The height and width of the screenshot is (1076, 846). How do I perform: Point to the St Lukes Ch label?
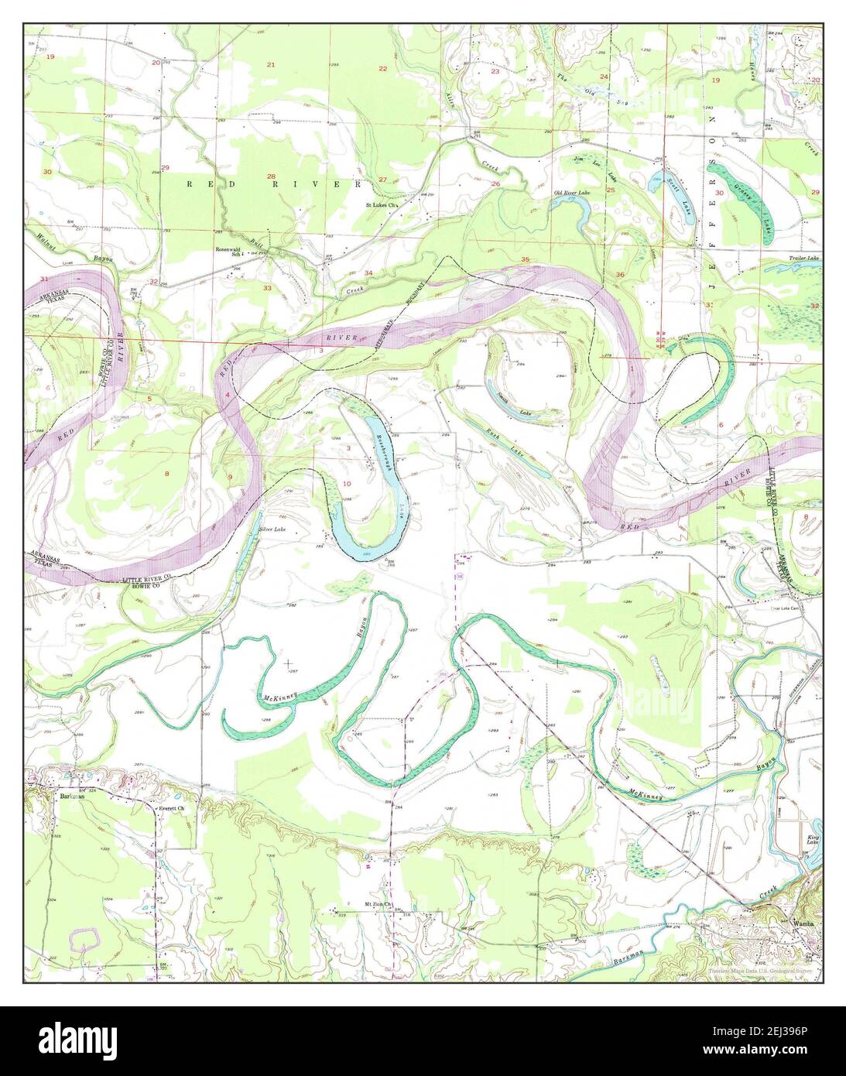click(381, 206)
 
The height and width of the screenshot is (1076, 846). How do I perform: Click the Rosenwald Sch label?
click(230, 252)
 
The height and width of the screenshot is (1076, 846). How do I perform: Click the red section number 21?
click(270, 64)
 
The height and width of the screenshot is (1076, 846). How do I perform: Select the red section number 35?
click(526, 259)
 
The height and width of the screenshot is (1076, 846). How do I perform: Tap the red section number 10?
click(346, 484)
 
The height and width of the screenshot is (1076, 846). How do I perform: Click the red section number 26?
click(495, 183)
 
